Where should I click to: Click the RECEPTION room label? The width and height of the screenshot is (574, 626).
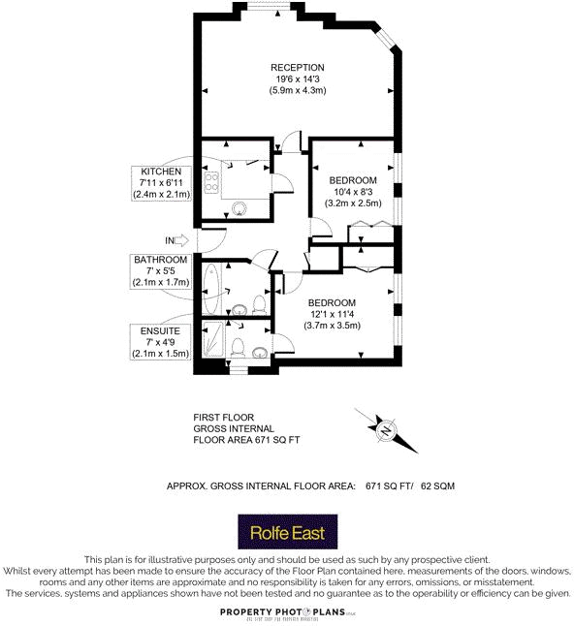click(297, 67)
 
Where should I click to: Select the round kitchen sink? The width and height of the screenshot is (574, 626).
click(241, 205)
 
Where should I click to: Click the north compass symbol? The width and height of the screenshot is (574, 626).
click(385, 429)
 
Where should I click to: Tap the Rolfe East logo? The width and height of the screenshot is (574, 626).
click(287, 532)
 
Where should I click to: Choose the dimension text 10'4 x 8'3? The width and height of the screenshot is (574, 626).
click(353, 193)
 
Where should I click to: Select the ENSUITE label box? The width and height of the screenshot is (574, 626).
click(160, 342)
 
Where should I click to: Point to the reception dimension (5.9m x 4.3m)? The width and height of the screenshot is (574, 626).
click(297, 90)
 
